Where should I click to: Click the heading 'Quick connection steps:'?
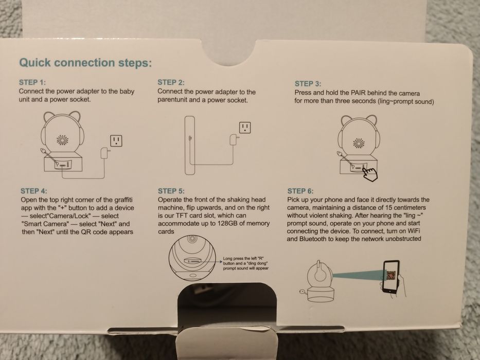click(x=85, y=63)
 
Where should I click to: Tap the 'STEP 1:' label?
click(x=32, y=82)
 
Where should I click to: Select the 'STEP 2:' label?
click(x=171, y=82)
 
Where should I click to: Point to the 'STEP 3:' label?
click(x=308, y=83)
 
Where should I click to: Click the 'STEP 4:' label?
click(x=34, y=191)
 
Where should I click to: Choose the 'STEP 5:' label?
click(x=171, y=191)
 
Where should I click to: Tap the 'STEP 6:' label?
click(x=300, y=191)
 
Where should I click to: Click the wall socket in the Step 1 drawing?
click(x=116, y=141)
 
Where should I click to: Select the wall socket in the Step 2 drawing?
click(x=245, y=128)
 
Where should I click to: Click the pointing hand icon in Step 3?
click(x=370, y=174)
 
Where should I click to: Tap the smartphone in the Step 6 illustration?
click(x=391, y=277)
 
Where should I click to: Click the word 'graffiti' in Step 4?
click(x=123, y=200)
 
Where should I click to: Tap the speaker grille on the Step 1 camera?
click(x=62, y=140)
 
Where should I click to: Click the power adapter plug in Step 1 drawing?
click(x=104, y=153)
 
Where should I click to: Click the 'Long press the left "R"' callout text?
click(x=243, y=258)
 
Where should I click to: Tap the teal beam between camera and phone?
click(x=358, y=275)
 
